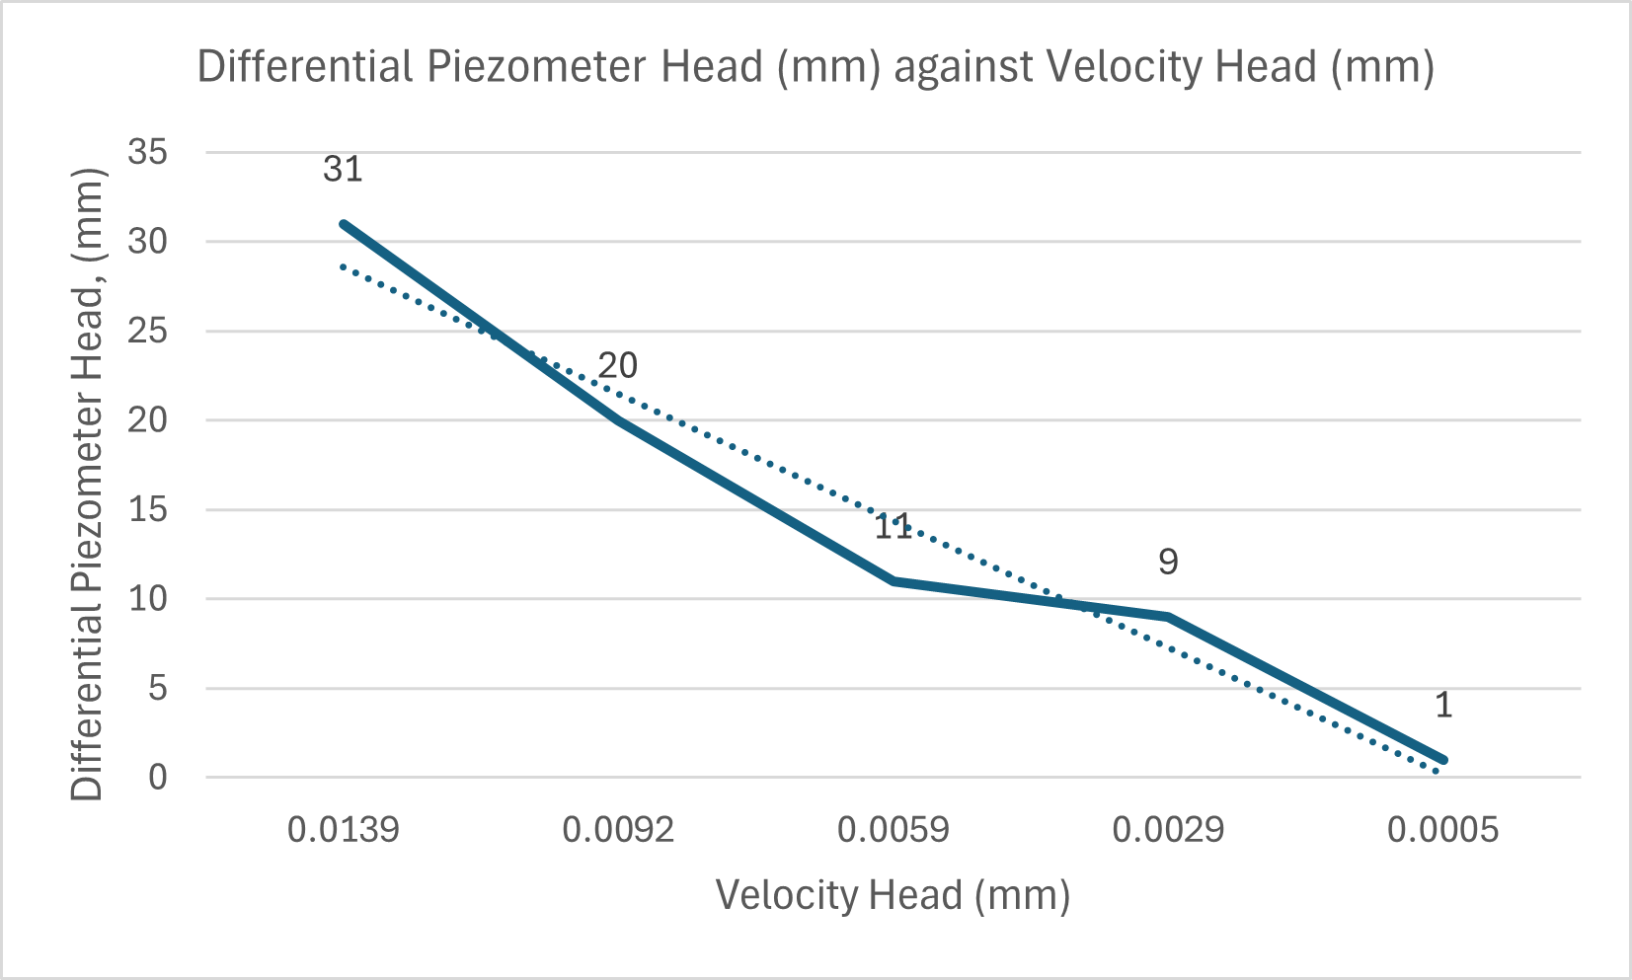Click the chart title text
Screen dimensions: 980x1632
click(x=816, y=67)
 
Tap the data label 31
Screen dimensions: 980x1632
click(x=343, y=169)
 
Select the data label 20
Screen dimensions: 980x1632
click(x=618, y=366)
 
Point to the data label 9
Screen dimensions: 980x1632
click(x=1168, y=562)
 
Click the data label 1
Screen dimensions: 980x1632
click(x=1443, y=705)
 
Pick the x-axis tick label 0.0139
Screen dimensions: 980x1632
click(x=344, y=830)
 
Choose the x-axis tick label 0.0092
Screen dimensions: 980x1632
click(x=618, y=830)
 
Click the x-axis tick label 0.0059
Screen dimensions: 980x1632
click(x=894, y=830)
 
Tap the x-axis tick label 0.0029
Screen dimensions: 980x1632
click(x=1168, y=830)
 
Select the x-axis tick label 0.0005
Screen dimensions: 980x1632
click(x=1442, y=830)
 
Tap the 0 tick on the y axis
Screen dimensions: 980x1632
click(x=158, y=778)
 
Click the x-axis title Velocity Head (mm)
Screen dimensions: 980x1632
click(x=893, y=895)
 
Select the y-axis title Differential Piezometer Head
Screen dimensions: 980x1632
click(x=88, y=484)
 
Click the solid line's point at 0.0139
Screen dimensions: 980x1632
click(x=344, y=224)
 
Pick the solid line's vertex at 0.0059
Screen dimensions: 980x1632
click(x=894, y=580)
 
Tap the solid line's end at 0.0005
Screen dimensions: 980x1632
click(x=1442, y=759)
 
